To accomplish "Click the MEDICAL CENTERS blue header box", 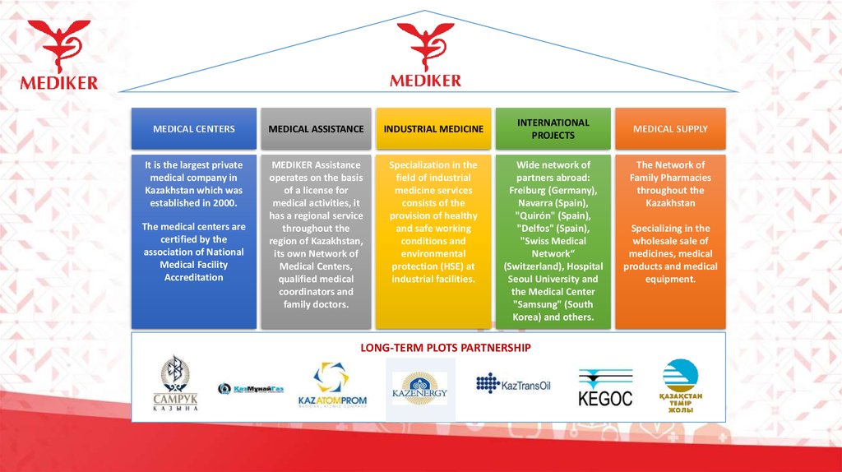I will (x=194, y=129).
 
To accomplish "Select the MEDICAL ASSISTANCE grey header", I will (x=316, y=129).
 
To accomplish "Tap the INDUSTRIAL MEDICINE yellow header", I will (x=433, y=129).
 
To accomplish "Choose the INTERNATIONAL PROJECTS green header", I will (x=553, y=128).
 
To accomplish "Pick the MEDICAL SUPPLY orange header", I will (x=669, y=129).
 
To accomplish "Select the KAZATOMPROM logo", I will (x=331, y=386).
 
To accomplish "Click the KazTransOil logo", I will (x=514, y=384).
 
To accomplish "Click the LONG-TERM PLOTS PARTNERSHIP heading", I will (x=445, y=348).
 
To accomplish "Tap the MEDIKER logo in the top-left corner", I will (x=59, y=54).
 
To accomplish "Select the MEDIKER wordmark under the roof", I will (x=425, y=81).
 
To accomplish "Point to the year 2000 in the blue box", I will (x=224, y=202).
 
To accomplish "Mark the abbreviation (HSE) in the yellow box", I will (x=449, y=266).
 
